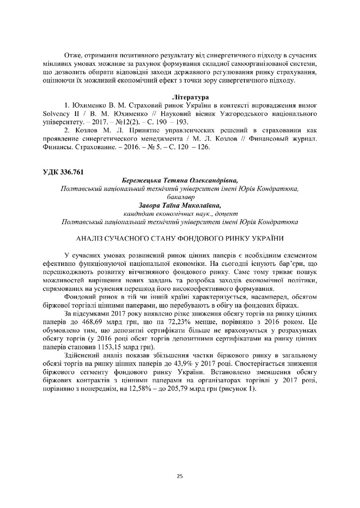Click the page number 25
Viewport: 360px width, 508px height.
[180, 476]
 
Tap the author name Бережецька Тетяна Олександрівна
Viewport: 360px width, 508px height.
[180, 181]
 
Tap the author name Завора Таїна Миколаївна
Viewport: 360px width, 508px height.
[180, 205]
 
